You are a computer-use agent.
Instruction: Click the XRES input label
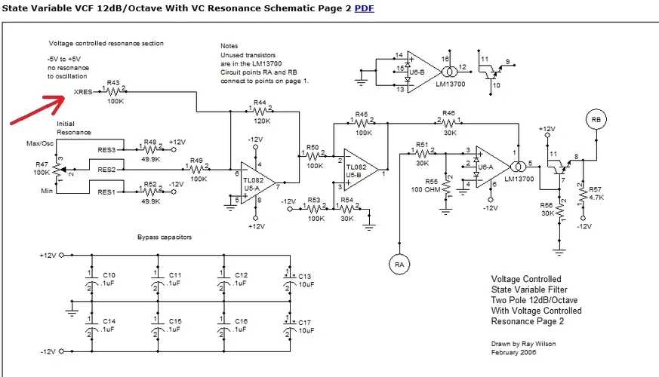click(84, 92)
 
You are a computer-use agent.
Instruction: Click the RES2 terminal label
click(107, 170)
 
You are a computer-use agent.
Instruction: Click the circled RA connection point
click(399, 263)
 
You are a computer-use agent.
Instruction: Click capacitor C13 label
click(306, 277)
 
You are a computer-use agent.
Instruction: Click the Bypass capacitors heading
click(165, 237)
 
